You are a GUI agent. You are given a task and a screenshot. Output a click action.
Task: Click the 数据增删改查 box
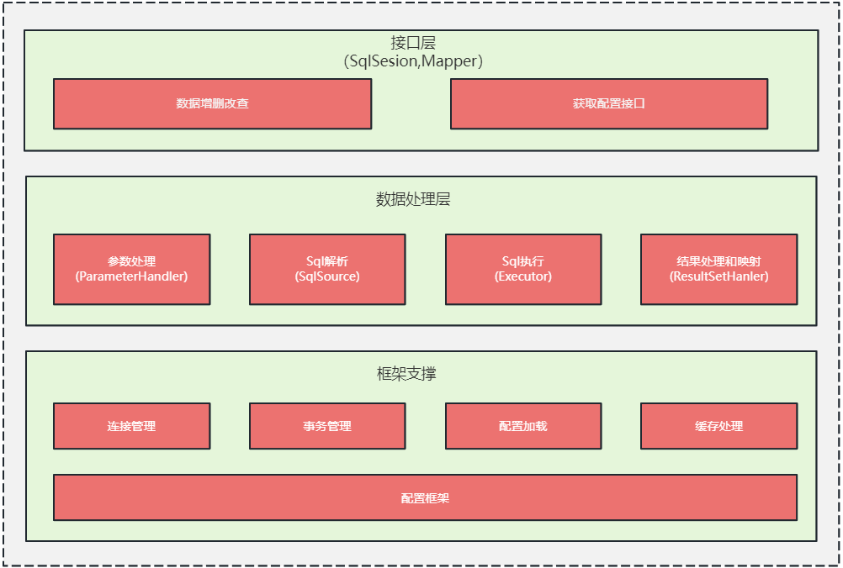[x=212, y=103]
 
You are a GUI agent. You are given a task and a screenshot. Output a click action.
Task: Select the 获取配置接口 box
[x=609, y=103]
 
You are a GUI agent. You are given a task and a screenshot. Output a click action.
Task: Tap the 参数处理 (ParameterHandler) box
[x=132, y=269]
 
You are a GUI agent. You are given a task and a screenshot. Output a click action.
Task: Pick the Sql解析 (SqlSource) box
[x=327, y=269]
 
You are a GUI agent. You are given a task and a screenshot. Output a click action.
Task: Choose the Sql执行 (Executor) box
[x=523, y=269]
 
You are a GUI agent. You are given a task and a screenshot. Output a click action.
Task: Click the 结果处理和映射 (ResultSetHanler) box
[x=718, y=269]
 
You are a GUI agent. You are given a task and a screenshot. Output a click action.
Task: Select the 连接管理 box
[x=132, y=426]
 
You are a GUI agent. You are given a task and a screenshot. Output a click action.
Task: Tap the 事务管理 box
[x=327, y=426]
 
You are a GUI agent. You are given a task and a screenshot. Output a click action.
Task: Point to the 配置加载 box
[x=523, y=426]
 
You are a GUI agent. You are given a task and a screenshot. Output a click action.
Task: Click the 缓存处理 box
[x=718, y=426]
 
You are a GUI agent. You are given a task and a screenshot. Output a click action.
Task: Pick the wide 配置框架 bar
[x=425, y=497]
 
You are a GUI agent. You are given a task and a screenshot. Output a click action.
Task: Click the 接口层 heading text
[x=413, y=42]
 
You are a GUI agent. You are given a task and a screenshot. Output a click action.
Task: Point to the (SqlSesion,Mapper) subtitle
[x=413, y=61]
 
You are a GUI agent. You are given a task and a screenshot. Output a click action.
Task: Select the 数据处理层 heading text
[x=413, y=199]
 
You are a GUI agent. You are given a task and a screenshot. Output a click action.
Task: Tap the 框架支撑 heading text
[x=406, y=373]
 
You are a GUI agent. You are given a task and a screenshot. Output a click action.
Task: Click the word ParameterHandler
[x=132, y=276]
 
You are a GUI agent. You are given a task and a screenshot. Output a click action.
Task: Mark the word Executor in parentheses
[x=523, y=276]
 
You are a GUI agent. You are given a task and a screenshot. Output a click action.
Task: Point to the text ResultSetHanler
[x=718, y=276]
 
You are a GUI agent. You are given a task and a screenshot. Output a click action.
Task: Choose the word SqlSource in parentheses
[x=327, y=276]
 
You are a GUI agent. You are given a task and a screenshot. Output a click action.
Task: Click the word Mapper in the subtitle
[x=449, y=61]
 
